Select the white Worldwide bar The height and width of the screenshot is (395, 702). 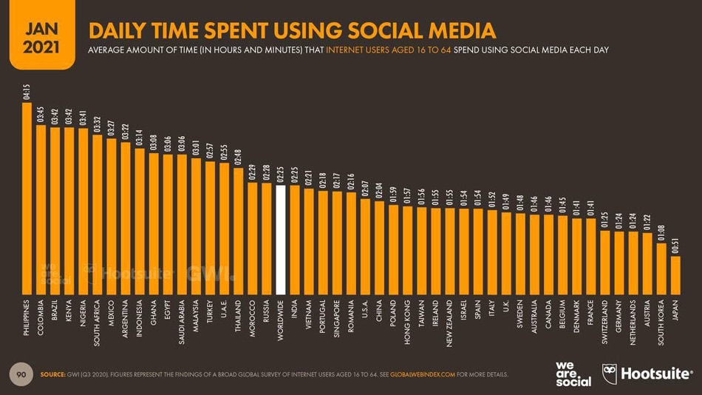[280, 240]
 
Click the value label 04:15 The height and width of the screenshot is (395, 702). [27, 93]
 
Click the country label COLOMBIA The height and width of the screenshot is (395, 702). [41, 319]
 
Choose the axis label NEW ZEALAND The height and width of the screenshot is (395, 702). [449, 323]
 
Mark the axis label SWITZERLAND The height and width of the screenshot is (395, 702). [604, 323]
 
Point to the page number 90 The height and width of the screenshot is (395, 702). [21, 374]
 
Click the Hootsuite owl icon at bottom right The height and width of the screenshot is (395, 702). [610, 373]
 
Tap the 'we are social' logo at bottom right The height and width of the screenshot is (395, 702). [573, 374]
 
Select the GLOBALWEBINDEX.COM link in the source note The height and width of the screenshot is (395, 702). [422, 374]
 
